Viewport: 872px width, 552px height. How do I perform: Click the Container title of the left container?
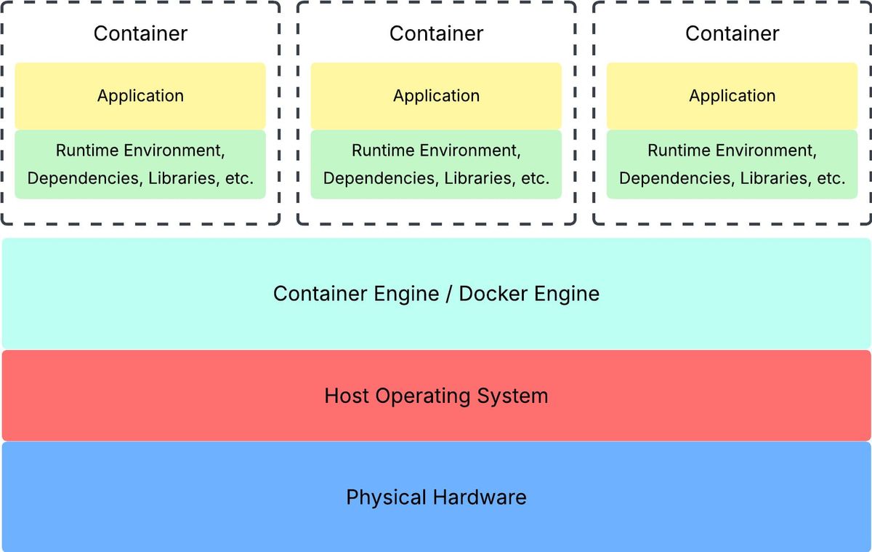(140, 33)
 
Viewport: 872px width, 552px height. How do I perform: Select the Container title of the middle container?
(436, 33)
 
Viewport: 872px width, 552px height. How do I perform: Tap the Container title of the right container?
(732, 33)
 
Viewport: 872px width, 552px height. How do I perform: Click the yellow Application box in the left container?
(140, 96)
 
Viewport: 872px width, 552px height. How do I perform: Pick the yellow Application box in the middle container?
(436, 96)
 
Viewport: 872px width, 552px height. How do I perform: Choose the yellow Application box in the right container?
(732, 96)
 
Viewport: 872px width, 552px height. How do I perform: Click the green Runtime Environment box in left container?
(140, 164)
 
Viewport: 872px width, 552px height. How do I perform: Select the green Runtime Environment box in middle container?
(436, 164)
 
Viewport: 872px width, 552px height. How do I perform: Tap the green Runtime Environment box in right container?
(732, 164)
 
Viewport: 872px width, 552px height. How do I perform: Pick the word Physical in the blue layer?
(386, 497)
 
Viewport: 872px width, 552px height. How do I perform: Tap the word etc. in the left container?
(238, 178)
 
